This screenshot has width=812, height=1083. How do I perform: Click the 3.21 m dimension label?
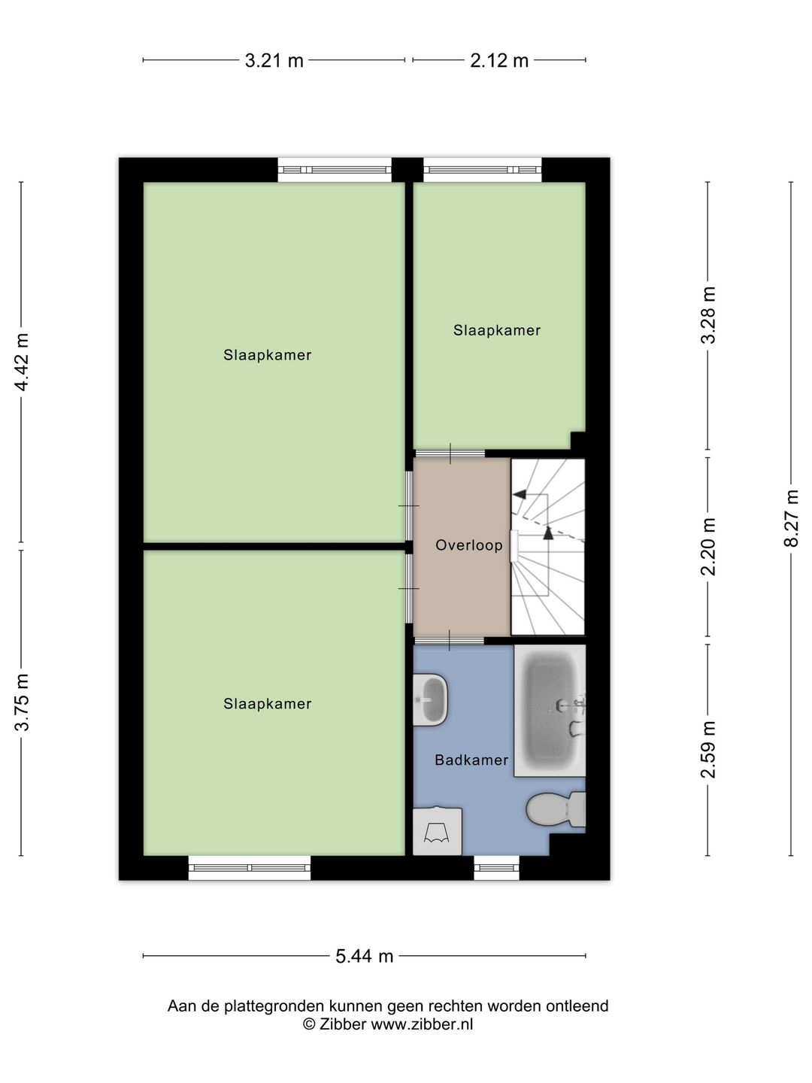pos(274,61)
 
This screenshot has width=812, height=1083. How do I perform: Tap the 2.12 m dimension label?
pos(499,61)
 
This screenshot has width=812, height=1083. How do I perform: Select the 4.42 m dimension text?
pos(23,362)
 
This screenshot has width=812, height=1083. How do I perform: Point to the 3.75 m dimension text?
pos(23,702)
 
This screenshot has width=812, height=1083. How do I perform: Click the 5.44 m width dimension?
pos(364,957)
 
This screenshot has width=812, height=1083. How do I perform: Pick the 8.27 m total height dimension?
pos(791,519)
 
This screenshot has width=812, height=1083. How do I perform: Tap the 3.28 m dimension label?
pos(707,315)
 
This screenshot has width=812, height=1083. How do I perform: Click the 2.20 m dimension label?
pos(707,547)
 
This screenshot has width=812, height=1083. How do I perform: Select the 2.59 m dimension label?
pos(707,750)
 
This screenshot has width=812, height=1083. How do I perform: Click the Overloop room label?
pos(469,545)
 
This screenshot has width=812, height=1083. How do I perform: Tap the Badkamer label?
pos(471,760)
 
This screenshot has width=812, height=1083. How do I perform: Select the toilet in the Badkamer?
pos(555,810)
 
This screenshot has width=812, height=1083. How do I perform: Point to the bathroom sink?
pos(430,699)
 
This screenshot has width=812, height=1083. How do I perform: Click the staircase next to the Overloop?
pos(548,547)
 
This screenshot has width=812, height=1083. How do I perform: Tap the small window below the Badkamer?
pos(497,868)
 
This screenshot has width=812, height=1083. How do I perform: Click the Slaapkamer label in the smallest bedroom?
pos(497,330)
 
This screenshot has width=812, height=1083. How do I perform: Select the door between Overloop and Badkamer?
pos(450,640)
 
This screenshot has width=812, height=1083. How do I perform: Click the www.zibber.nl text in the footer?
pos(422,1024)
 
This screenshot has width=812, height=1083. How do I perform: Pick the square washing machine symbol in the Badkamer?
pos(438,831)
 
